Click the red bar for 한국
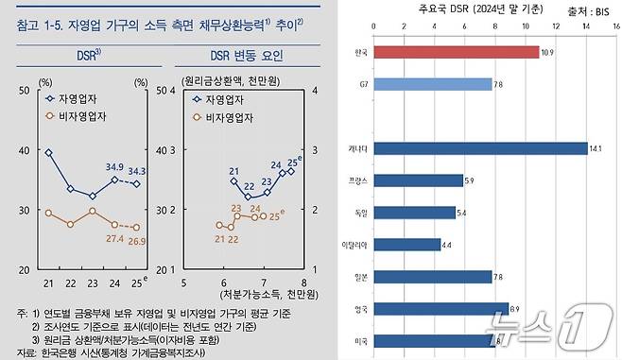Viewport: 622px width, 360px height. (456, 51)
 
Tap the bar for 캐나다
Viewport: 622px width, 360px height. (479, 148)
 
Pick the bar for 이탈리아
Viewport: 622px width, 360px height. (406, 245)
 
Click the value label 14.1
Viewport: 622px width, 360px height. (596, 148)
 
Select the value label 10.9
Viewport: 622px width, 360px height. (547, 52)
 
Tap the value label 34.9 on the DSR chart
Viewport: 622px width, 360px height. (114, 167)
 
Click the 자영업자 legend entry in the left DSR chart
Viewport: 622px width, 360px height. (73, 97)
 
